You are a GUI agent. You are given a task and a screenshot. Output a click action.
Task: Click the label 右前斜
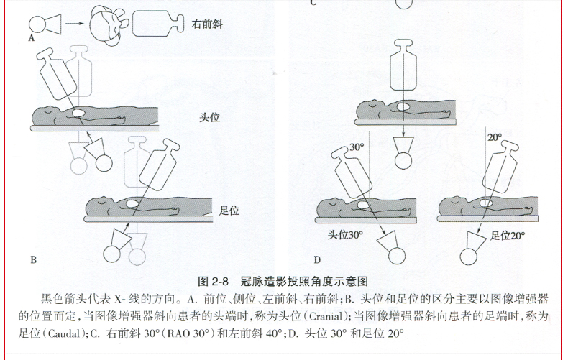coord(207,24)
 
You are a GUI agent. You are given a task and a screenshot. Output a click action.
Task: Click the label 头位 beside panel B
coord(209,117)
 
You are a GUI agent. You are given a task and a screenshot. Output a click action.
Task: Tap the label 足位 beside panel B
coord(229,211)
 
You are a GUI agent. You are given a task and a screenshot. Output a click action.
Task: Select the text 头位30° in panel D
coord(345,235)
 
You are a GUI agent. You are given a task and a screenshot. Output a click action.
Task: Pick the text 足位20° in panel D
coord(507,236)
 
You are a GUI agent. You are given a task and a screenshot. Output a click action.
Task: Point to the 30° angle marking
coord(357,147)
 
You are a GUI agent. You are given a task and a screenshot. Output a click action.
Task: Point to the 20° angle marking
coord(495,137)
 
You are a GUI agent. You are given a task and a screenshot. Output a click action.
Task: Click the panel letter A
coord(32,38)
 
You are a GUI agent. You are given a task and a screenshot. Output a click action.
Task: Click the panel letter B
coord(33,259)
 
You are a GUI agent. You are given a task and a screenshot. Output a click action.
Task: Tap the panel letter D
coord(317,259)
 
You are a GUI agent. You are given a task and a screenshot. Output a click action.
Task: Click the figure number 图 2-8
coord(214,282)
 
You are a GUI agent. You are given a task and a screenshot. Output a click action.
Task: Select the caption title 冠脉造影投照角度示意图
coord(304,282)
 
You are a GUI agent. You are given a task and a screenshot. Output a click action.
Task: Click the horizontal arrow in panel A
coord(75,24)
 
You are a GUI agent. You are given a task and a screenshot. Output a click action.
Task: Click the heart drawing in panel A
coord(109,22)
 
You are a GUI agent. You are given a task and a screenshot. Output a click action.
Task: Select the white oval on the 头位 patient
coord(78,113)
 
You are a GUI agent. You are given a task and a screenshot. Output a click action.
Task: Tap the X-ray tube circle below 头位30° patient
coord(397,257)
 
